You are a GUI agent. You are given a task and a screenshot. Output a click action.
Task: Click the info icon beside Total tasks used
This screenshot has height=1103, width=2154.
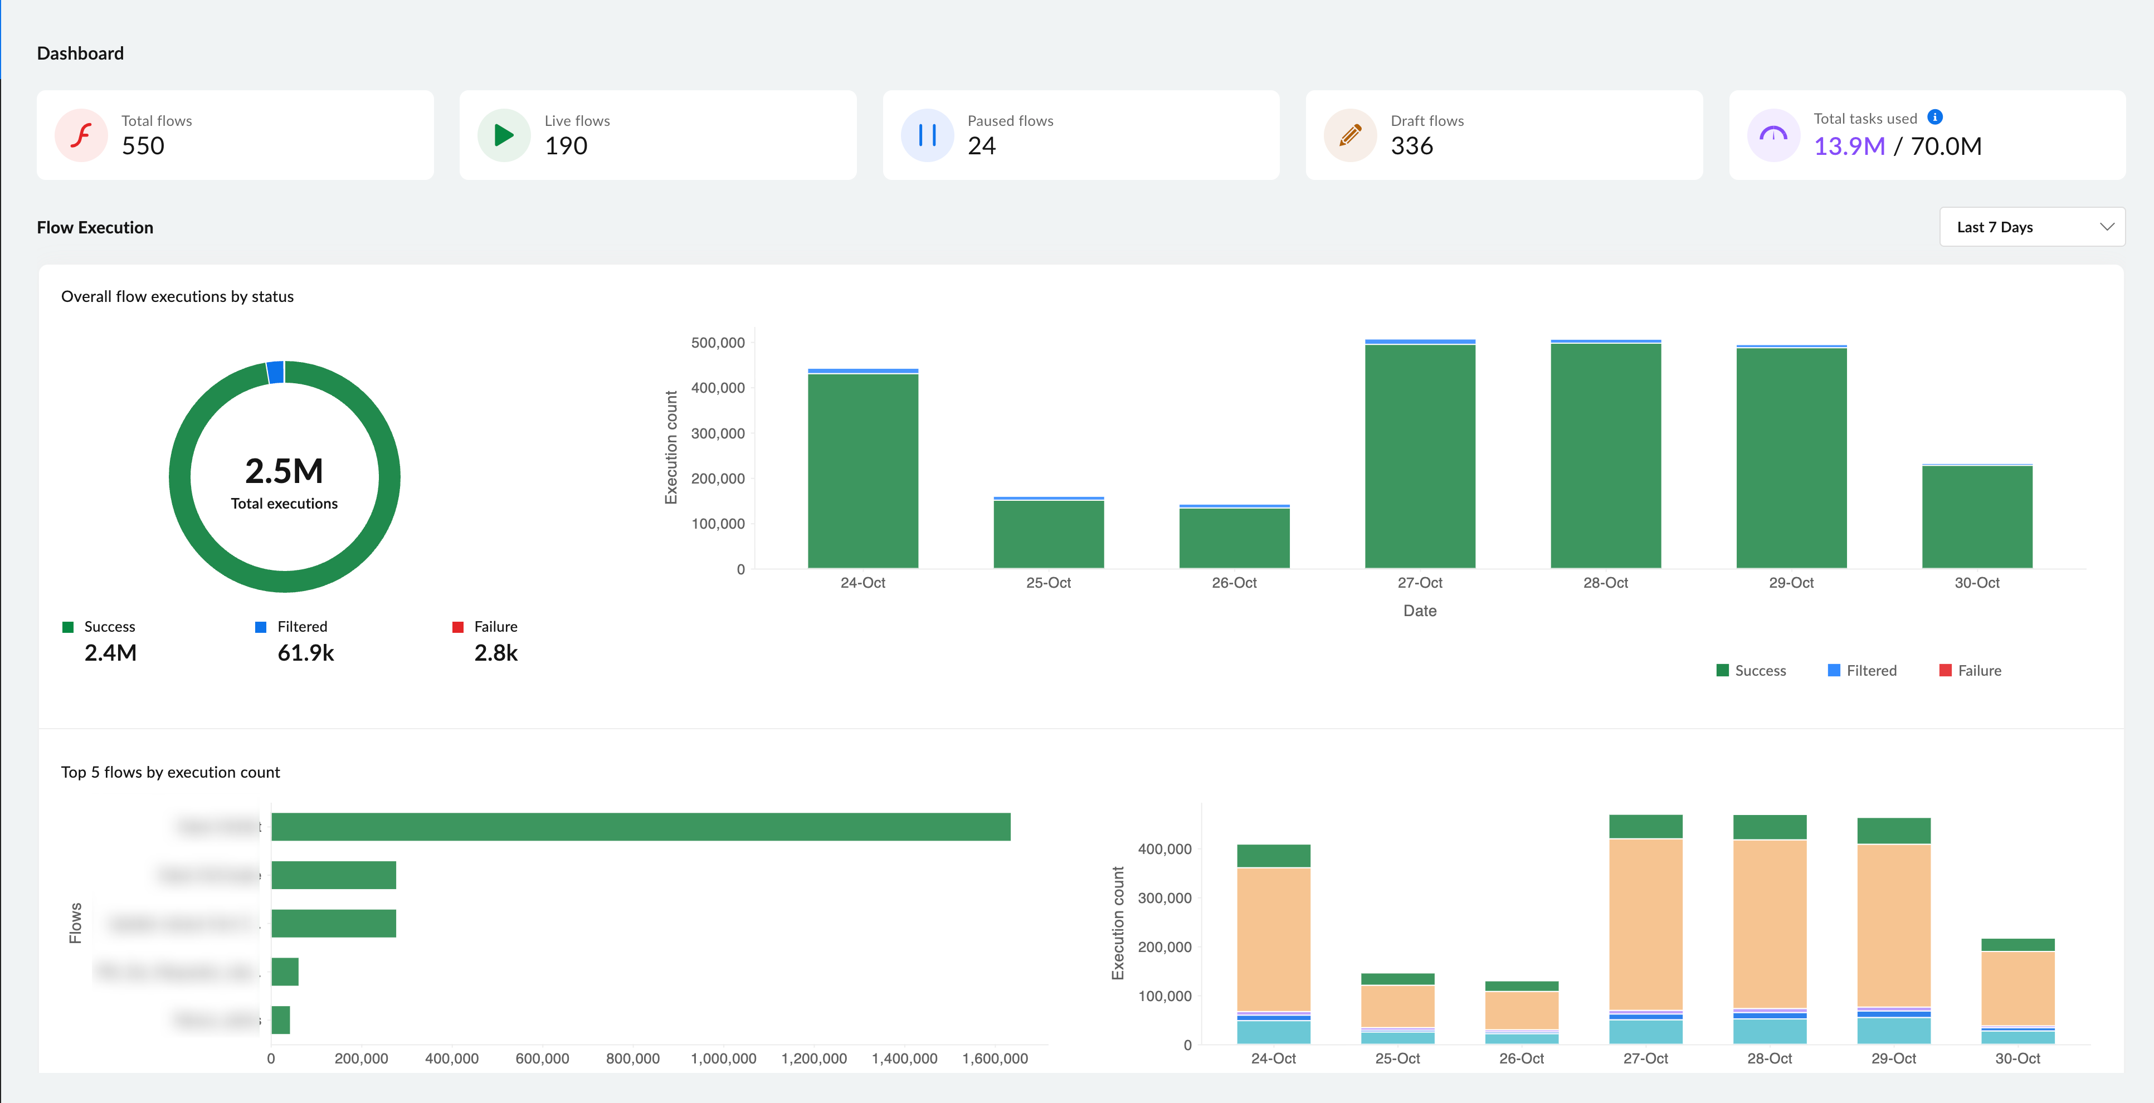1935,117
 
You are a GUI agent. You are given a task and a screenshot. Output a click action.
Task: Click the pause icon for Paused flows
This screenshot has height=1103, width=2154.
927,135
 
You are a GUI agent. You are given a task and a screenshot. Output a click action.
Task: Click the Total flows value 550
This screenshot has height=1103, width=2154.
143,147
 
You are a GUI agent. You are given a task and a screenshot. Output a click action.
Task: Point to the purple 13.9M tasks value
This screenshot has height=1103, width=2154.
1849,147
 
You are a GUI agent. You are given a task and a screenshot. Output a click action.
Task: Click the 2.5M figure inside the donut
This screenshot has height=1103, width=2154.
284,471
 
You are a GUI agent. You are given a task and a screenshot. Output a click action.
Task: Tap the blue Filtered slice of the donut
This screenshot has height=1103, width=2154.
275,372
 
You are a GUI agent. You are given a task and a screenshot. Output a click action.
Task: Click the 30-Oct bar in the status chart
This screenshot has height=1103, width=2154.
1977,517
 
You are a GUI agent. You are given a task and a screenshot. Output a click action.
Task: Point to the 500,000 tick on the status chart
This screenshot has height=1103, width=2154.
718,343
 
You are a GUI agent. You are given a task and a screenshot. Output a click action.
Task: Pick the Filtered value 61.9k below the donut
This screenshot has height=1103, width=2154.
305,653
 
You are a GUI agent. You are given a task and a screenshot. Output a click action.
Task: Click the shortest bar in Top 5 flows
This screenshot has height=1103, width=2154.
281,1020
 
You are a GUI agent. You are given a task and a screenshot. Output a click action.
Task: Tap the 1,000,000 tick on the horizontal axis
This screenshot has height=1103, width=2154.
723,1058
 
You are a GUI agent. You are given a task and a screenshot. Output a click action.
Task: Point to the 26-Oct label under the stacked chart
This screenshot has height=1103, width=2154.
1521,1058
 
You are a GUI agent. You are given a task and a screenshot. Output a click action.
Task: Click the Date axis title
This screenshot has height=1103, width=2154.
1419,611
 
